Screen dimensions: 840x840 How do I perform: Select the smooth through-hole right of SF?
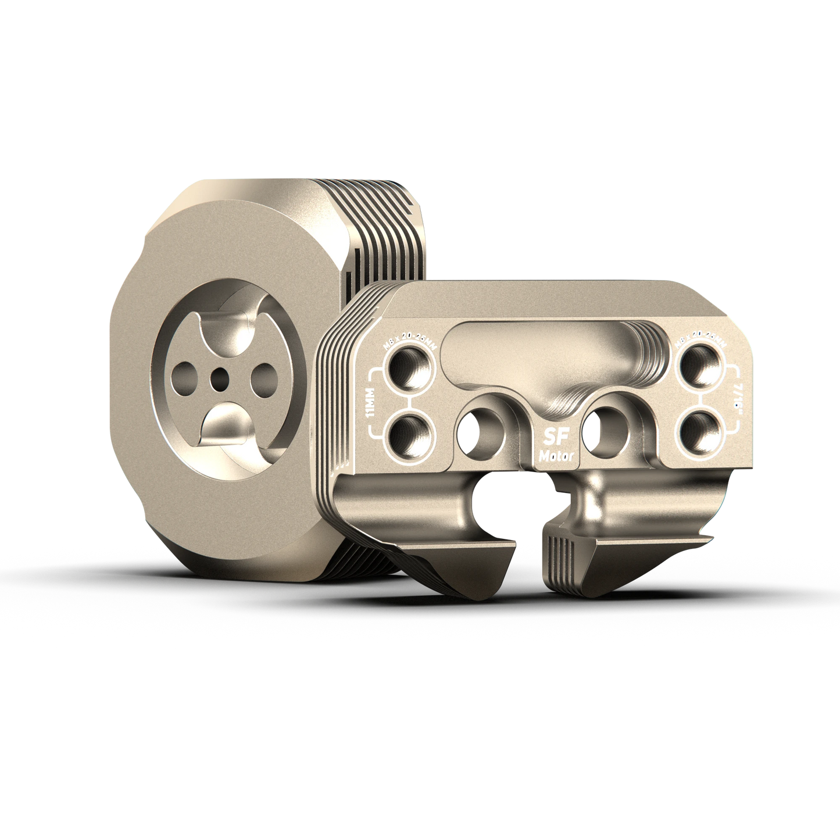click(x=605, y=433)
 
